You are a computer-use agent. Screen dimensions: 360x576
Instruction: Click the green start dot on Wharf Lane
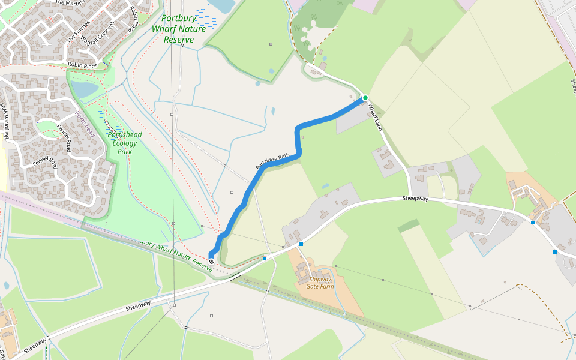pyautogui.click(x=365, y=98)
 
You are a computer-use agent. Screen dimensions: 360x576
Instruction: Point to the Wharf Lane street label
pyautogui.click(x=375, y=116)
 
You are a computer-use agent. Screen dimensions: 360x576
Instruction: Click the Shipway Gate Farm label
pyautogui.click(x=320, y=283)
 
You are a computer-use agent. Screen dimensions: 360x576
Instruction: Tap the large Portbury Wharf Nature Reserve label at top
pyautogui.click(x=179, y=29)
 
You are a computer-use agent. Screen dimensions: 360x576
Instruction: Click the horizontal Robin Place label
pyautogui.click(x=82, y=65)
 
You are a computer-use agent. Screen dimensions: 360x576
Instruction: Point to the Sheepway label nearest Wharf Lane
pyautogui.click(x=415, y=198)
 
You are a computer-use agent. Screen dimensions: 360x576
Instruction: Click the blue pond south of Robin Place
pyautogui.click(x=84, y=90)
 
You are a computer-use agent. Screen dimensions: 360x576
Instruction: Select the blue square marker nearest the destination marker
pyautogui.click(x=265, y=259)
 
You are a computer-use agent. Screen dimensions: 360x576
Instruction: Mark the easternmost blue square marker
pyautogui.click(x=555, y=252)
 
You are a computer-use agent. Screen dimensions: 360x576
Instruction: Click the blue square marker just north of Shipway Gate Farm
pyautogui.click(x=301, y=244)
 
